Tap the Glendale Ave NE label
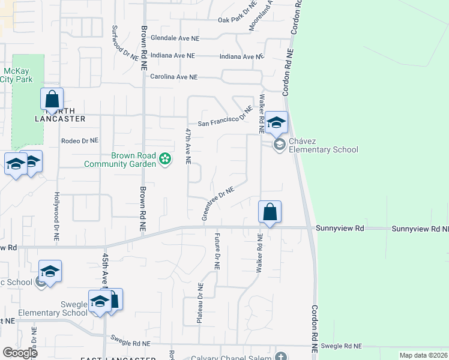click(x=175, y=38)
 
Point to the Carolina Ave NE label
click(x=173, y=77)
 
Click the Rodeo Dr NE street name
click(x=79, y=141)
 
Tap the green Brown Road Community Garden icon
click(x=165, y=159)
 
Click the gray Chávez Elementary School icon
click(x=279, y=145)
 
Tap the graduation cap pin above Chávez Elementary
click(x=277, y=122)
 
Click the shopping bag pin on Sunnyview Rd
click(x=270, y=212)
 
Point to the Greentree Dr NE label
click(x=217, y=203)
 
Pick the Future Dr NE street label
click(x=217, y=250)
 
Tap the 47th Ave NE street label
click(x=188, y=146)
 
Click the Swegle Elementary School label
click(x=53, y=313)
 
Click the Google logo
click(x=20, y=353)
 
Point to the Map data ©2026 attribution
click(x=423, y=355)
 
